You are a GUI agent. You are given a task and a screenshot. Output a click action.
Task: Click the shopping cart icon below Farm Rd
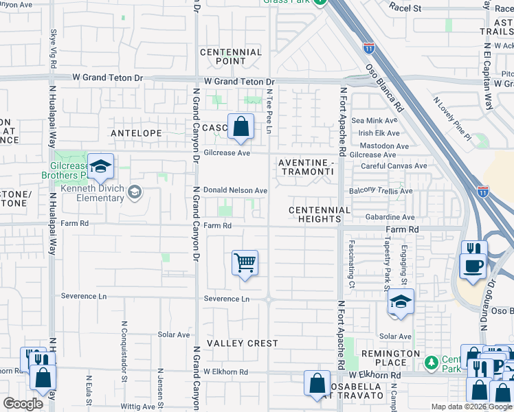pos(245,263)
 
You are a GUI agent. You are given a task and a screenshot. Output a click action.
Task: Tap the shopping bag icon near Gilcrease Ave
pos(241,127)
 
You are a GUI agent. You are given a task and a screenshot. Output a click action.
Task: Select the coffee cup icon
pos(473,266)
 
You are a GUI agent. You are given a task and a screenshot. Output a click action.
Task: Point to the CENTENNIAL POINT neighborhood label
pos(231,57)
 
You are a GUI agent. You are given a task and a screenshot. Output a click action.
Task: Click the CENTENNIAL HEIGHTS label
pos(320,214)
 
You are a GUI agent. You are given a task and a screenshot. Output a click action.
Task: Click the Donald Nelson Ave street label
pos(235,190)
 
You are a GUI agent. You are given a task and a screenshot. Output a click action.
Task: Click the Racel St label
pos(405,8)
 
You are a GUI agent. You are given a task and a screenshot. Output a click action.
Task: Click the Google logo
pos(23,404)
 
